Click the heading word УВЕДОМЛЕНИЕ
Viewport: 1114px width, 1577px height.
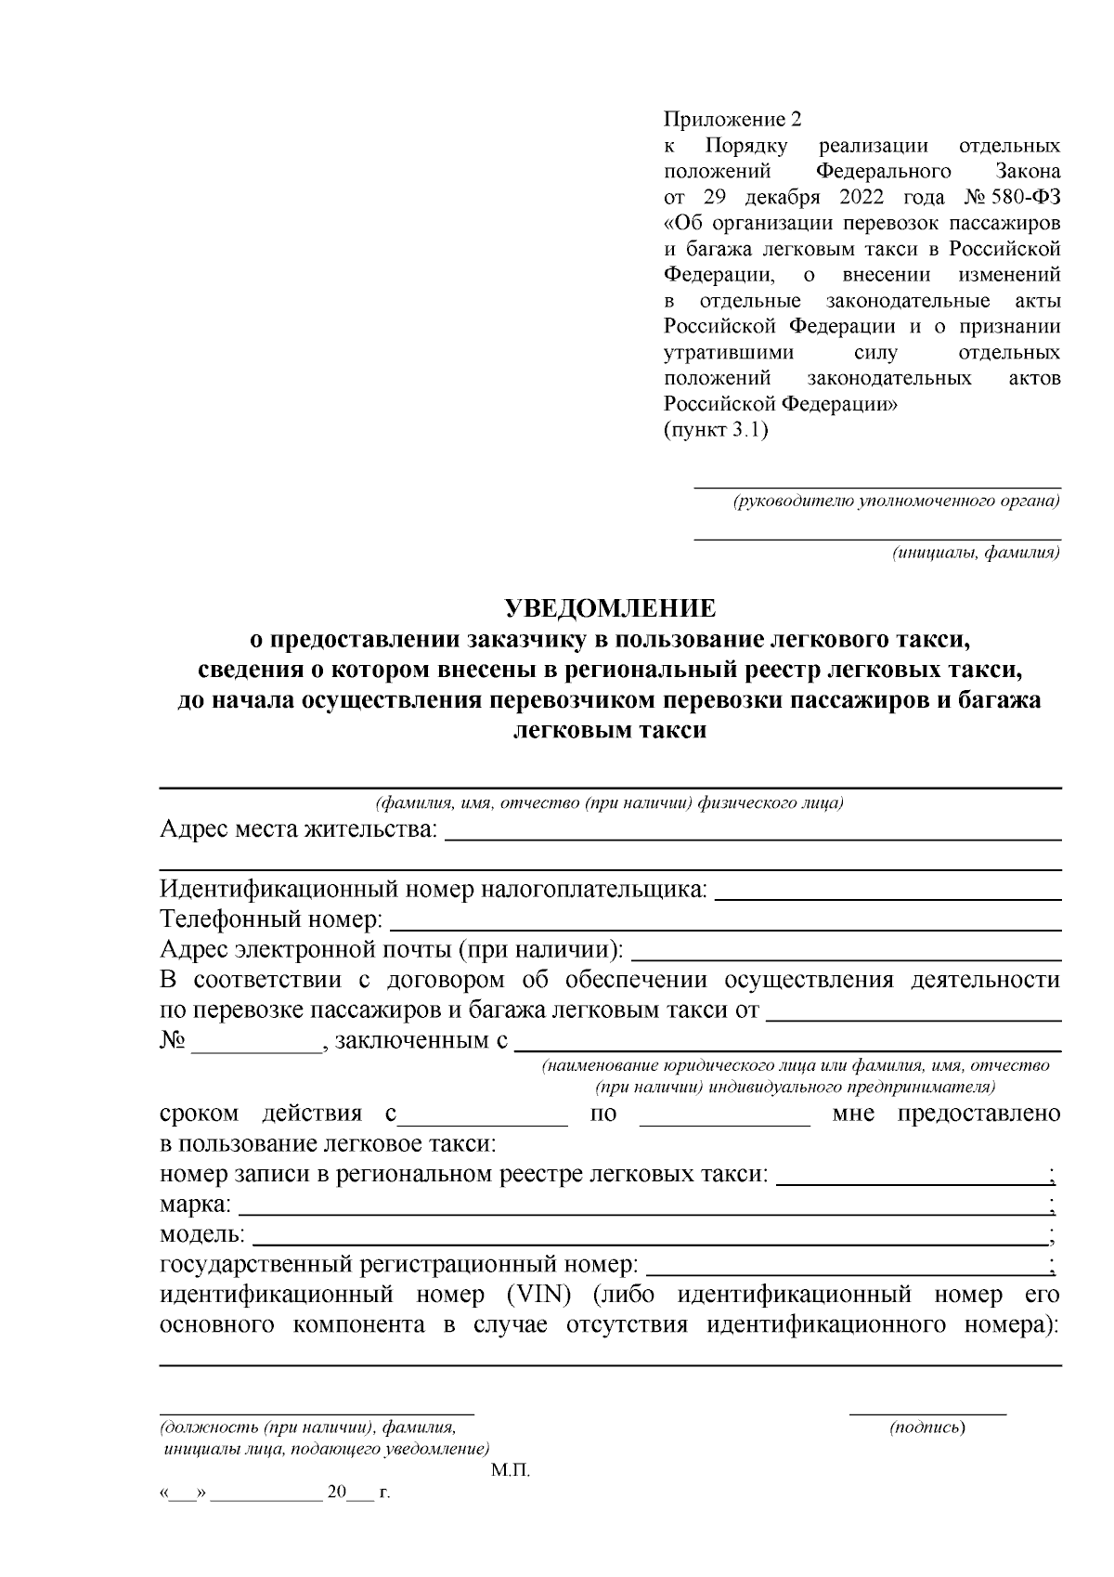pyautogui.click(x=610, y=608)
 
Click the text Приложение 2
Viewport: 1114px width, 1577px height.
pyautogui.click(x=731, y=120)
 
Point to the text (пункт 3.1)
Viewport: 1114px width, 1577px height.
pyautogui.click(x=716, y=431)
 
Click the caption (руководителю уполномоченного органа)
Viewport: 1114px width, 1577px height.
pyautogui.click(x=896, y=502)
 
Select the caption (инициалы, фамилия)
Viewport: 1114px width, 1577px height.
pyautogui.click(x=976, y=554)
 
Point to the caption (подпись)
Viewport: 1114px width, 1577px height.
pyautogui.click(x=927, y=1427)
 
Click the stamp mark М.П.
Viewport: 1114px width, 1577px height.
pyautogui.click(x=510, y=1471)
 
